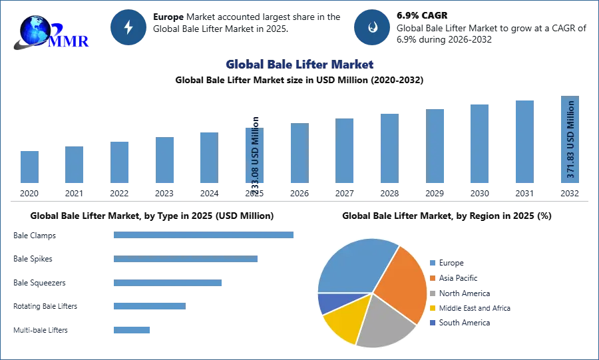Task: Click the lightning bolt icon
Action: point(129,27)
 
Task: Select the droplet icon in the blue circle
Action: point(373,27)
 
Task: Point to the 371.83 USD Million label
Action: point(570,140)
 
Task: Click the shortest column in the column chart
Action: point(29,167)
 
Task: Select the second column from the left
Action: point(75,164)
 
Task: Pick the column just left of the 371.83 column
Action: point(524,141)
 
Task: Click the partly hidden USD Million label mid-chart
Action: point(256,156)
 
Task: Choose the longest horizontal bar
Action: point(204,234)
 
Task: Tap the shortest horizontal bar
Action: point(132,329)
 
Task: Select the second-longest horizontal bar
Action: point(186,260)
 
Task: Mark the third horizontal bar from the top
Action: point(167,282)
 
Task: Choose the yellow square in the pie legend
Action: point(433,308)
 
